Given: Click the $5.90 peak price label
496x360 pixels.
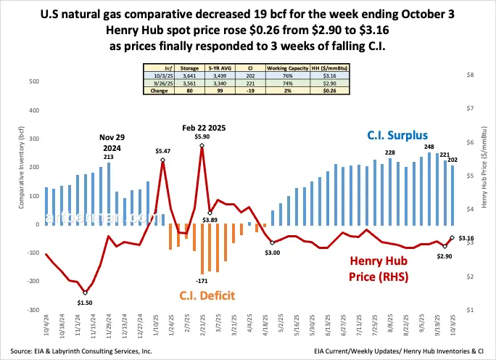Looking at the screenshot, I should tap(202, 136).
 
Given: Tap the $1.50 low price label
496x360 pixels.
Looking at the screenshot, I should tap(86, 302).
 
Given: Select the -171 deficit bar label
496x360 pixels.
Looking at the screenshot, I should tap(201, 279).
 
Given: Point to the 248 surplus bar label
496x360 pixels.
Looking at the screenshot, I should tap(429, 147).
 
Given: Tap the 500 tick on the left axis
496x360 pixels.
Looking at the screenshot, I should tap(33, 82).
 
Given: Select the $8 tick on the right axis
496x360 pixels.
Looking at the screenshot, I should tap(470, 75).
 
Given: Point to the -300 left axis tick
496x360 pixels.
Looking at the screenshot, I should tap(32, 310).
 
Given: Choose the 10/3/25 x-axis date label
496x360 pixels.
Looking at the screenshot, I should tap(452, 324).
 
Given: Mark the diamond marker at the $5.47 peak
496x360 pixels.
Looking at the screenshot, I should tap(162, 160).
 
